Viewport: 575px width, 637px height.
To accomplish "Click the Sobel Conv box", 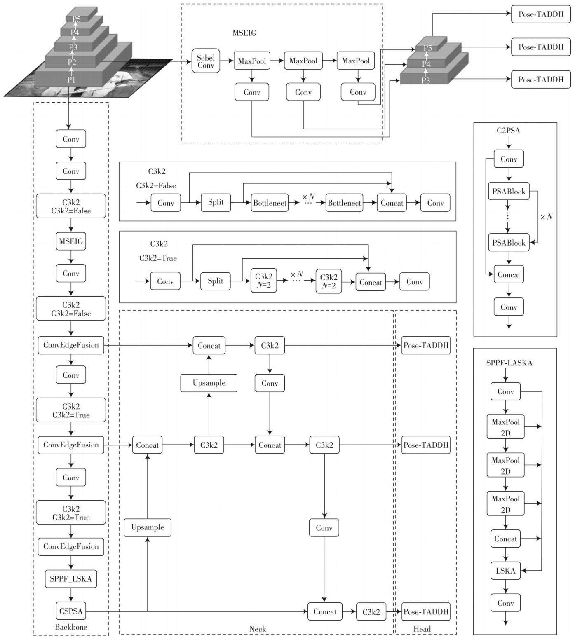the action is [206, 61].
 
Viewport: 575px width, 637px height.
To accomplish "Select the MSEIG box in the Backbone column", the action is [71, 241].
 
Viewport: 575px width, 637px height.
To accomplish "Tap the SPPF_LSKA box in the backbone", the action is [71, 579].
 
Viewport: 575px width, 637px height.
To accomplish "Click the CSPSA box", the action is [71, 611].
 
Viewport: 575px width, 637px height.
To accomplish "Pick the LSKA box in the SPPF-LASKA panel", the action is [505, 571].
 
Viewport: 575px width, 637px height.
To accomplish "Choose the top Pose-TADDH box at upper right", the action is [541, 14].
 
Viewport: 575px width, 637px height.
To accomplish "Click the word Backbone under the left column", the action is [71, 627].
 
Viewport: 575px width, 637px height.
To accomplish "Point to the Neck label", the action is [258, 629].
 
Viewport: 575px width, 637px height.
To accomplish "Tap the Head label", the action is [422, 629].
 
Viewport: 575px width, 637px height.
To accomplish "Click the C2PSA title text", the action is [508, 131].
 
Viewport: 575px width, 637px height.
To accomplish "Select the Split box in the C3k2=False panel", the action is [216, 202].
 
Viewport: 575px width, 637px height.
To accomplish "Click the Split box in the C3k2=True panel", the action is [215, 281].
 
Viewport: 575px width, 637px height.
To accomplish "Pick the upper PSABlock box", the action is [509, 192].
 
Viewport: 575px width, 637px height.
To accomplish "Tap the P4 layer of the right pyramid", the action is [426, 64].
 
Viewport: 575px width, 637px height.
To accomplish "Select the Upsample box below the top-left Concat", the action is [209, 383].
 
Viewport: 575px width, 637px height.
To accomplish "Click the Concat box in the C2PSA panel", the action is [509, 274].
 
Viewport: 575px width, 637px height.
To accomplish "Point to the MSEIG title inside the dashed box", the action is [244, 33].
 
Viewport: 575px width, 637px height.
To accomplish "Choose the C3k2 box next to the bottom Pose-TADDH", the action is [371, 612].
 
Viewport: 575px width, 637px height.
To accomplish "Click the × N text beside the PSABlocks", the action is [547, 217].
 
